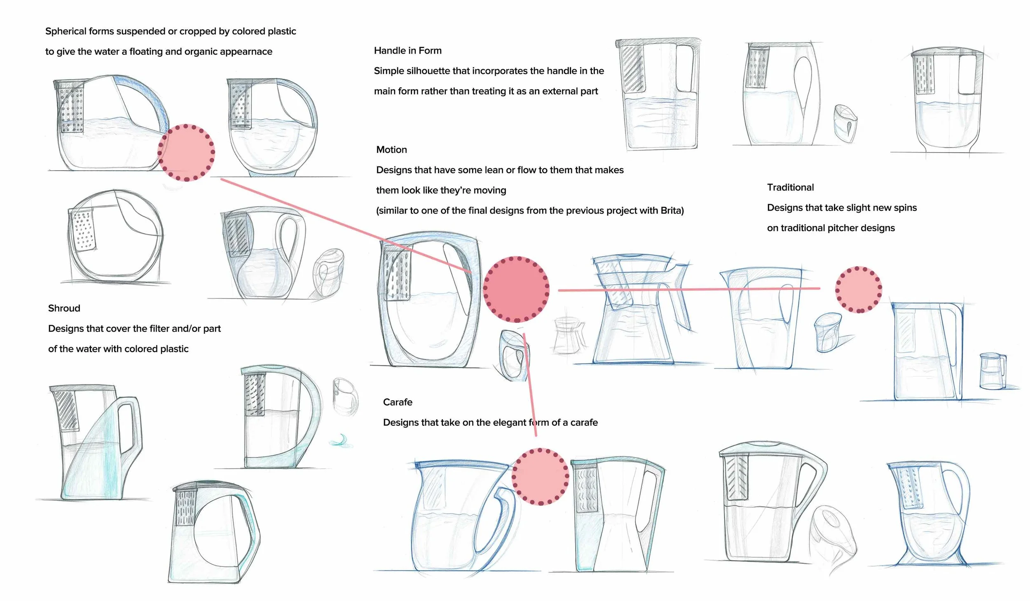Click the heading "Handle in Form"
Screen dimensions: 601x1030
pyautogui.click(x=407, y=51)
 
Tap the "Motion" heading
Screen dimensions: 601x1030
pyautogui.click(x=391, y=150)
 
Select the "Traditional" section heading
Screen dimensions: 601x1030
pyautogui.click(x=790, y=188)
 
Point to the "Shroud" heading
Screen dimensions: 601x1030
pyautogui.click(x=64, y=308)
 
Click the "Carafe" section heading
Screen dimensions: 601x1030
pyautogui.click(x=398, y=402)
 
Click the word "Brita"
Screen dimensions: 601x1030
pyautogui.click(x=672, y=211)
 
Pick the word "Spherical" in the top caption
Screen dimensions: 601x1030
pyautogui.click(x=66, y=31)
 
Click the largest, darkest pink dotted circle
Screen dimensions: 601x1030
pyautogui.click(x=516, y=289)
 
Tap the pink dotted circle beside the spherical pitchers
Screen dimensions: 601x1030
pyautogui.click(x=186, y=153)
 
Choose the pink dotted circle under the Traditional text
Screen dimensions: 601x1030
pyautogui.click(x=859, y=289)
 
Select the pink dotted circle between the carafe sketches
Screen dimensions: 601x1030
pyautogui.click(x=540, y=477)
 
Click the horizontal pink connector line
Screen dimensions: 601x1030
pyautogui.click(x=688, y=289)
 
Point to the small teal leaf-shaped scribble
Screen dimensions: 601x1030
pyautogui.click(x=341, y=441)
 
